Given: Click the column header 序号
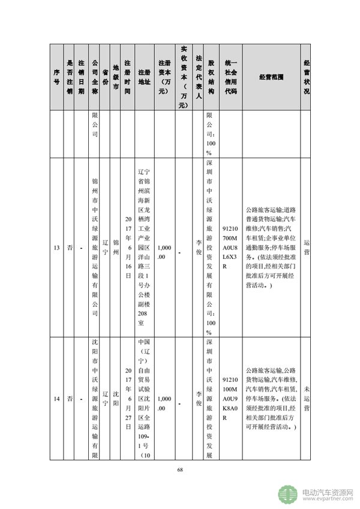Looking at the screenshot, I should (56, 77).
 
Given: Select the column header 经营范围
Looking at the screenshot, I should (272, 77).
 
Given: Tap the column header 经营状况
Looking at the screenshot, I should (307, 77).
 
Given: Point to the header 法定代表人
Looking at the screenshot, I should (198, 77).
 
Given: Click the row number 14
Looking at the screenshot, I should (56, 398).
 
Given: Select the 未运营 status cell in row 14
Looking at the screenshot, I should (307, 398).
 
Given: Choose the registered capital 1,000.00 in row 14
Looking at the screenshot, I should (164, 398).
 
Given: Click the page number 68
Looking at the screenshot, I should (179, 469).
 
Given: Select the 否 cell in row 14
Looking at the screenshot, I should (70, 398).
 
